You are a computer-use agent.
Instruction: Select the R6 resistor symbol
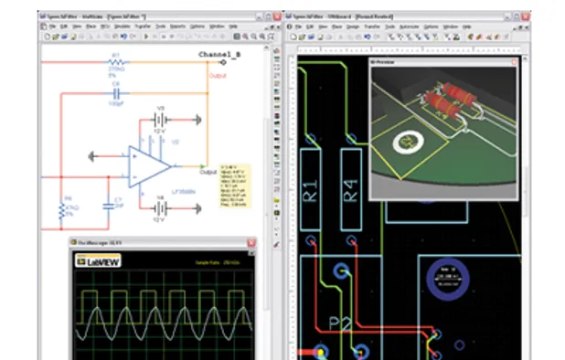click(62, 211)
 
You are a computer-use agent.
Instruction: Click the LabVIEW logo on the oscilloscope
click(98, 260)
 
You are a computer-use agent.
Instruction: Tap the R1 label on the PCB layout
click(311, 191)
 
